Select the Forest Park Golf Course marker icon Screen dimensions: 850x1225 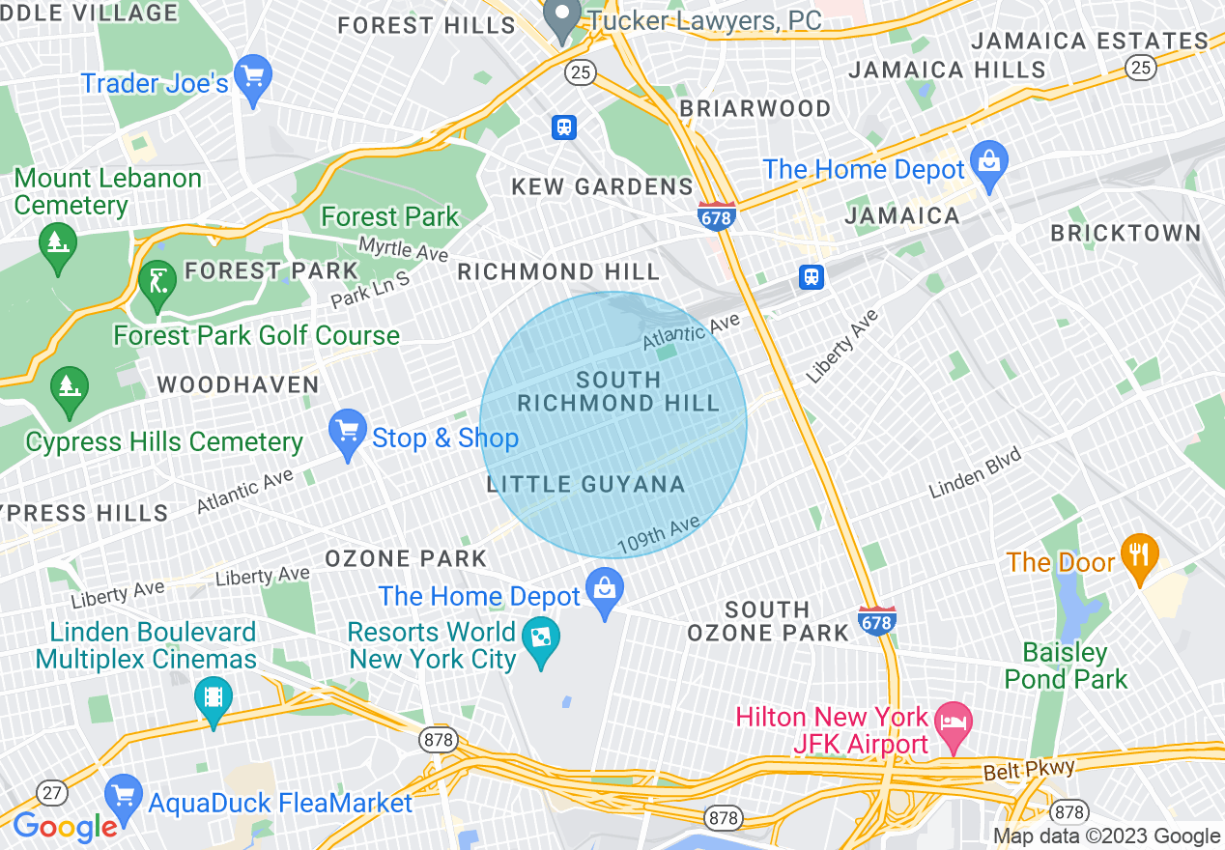click(x=157, y=281)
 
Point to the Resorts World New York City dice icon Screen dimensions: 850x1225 click(x=541, y=637)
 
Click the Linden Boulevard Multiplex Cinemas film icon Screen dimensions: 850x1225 click(x=213, y=696)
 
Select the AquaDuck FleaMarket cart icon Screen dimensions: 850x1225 click(x=124, y=795)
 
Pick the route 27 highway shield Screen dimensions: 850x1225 click(x=51, y=793)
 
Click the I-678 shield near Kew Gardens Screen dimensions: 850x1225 click(x=716, y=216)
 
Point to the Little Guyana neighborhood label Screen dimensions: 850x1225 click(x=586, y=485)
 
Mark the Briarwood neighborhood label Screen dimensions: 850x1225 click(x=755, y=108)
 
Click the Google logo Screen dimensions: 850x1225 click(x=64, y=827)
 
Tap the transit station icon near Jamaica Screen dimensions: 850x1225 click(x=812, y=277)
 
